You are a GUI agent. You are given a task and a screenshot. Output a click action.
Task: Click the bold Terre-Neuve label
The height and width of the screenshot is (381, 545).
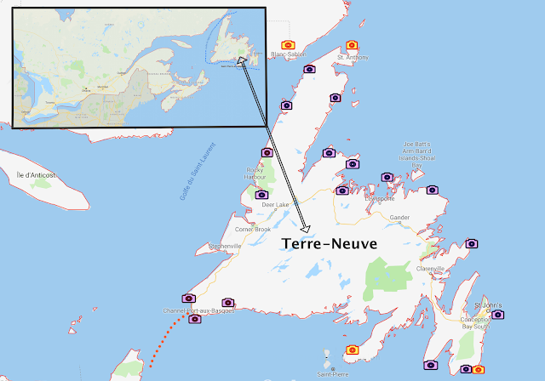(x=329, y=243)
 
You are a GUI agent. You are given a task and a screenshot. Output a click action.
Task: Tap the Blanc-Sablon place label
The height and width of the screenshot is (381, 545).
(x=287, y=54)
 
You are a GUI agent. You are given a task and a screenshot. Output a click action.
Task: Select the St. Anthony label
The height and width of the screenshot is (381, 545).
(x=353, y=58)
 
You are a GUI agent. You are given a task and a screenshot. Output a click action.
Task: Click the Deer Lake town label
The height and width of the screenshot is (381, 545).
(x=275, y=205)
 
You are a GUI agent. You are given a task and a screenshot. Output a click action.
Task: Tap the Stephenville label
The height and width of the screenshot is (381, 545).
(x=226, y=247)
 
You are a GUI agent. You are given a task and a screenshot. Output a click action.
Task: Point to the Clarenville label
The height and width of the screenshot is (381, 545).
(x=430, y=269)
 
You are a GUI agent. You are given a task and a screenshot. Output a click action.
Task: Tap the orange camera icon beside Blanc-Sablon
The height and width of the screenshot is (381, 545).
(x=289, y=44)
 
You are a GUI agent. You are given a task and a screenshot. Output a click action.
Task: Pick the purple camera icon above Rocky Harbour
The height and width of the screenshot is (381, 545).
(x=267, y=152)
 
